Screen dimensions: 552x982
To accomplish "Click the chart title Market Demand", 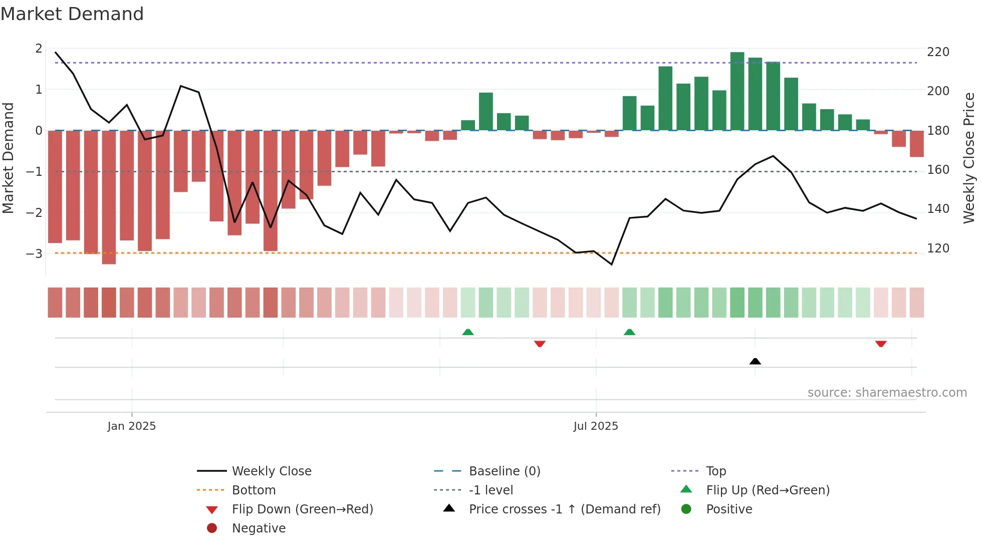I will (72, 14).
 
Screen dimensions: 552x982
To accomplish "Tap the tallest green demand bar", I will (737, 91).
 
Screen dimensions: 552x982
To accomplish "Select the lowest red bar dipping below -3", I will (109, 197).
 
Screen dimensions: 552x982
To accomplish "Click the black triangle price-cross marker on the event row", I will (755, 361).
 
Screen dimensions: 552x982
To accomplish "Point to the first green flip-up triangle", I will (468, 332).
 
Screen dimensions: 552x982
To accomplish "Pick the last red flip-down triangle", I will (881, 344).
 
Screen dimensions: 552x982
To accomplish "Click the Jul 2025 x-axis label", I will (596, 426).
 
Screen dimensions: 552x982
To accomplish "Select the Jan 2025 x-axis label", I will (132, 426).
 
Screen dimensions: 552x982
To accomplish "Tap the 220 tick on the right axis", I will (938, 52).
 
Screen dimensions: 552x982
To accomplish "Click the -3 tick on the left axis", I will (35, 253).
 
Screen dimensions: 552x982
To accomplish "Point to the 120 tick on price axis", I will (938, 248).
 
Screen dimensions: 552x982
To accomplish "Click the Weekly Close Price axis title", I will (969, 158).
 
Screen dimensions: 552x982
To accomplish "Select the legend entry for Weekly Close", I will (271, 471).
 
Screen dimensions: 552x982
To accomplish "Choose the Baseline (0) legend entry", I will (504, 471).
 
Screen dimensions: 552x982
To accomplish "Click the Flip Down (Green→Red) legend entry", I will (302, 509).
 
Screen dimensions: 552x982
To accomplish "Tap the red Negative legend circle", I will (212, 528).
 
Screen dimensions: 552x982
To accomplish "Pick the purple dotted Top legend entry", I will (715, 471).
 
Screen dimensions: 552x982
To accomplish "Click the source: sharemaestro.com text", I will (887, 393).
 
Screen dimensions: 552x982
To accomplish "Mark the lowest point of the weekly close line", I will (612, 264).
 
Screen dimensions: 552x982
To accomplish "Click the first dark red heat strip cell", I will (55, 303).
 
